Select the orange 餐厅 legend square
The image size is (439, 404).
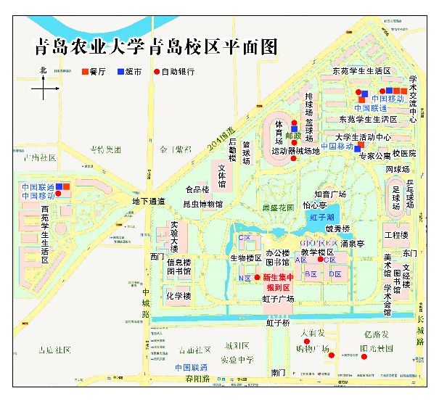tap(85, 73)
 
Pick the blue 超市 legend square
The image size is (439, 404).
tap(120, 73)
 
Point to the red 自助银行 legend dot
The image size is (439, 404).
tap(156, 73)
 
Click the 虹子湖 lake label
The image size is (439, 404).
tap(321, 218)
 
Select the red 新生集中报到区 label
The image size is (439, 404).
tap(279, 281)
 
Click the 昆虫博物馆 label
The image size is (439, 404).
tap(202, 205)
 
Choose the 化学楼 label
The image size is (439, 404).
tap(179, 296)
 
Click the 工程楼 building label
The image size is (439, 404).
tap(396, 236)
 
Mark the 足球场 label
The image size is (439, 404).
tap(397, 197)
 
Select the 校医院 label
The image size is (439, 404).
tap(404, 154)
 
